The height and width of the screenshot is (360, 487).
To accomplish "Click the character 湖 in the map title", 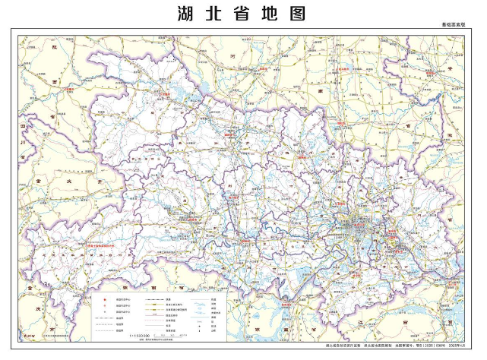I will (x=187, y=14).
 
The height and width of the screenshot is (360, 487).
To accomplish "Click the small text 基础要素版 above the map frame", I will (x=454, y=24).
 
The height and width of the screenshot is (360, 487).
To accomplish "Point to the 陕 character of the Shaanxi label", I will (x=54, y=47).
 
